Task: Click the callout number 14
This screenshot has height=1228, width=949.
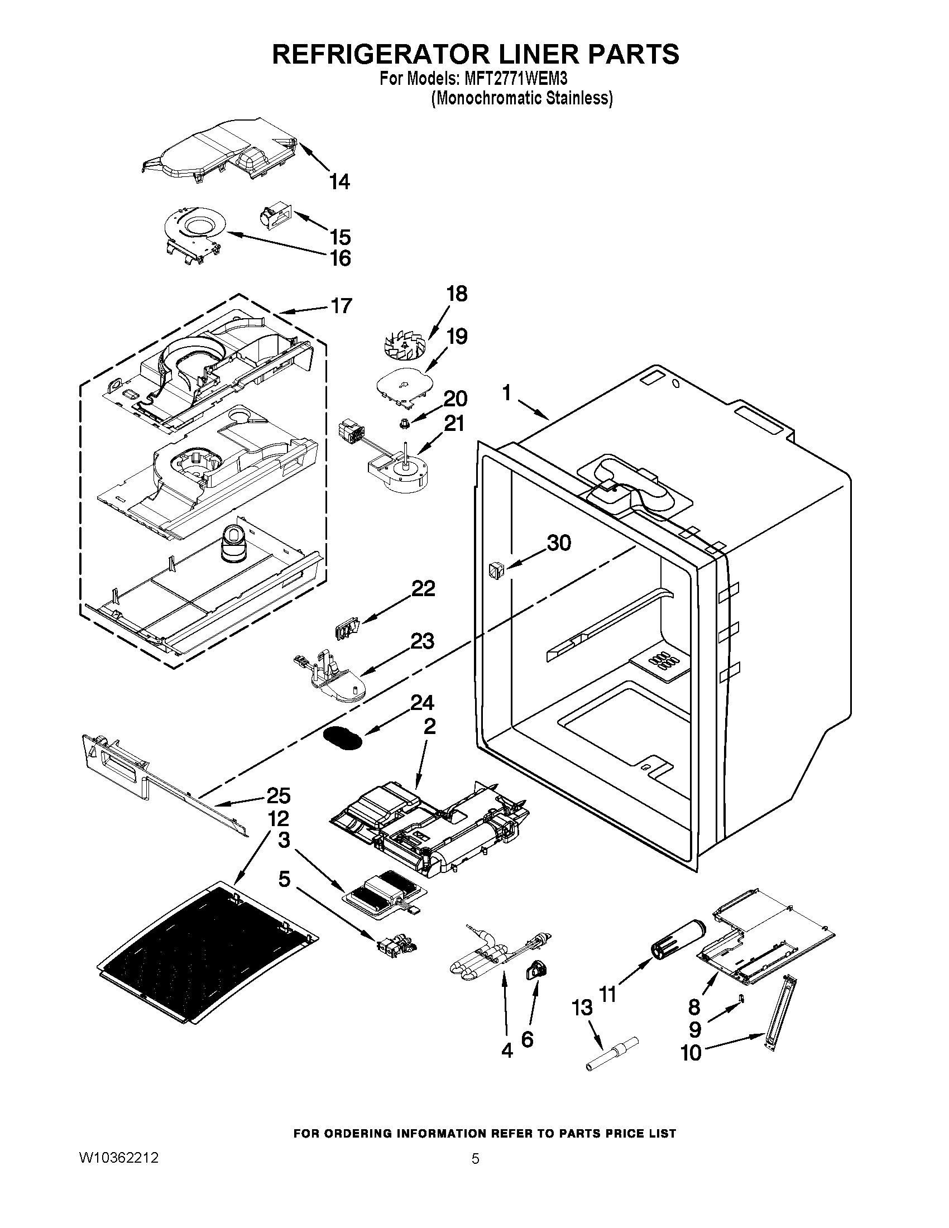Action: pyautogui.click(x=339, y=181)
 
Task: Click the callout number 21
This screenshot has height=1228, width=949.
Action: pyautogui.click(x=455, y=423)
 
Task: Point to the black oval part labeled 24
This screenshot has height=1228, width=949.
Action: pyautogui.click(x=342, y=737)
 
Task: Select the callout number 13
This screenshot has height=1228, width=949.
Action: pyautogui.click(x=582, y=1007)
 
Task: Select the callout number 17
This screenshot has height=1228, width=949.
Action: pyautogui.click(x=341, y=305)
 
